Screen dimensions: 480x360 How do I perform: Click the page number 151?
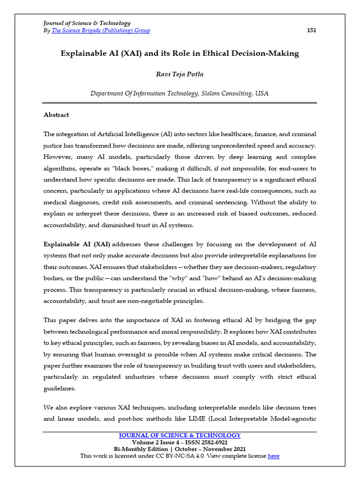point(311,30)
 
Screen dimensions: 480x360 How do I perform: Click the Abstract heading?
point(56,115)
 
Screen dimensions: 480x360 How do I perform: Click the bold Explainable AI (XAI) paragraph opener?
point(77,244)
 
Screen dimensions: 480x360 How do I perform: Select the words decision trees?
point(297,407)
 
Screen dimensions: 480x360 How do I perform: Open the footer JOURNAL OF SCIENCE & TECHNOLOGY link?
point(180,435)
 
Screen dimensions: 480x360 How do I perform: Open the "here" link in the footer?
point(273,456)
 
